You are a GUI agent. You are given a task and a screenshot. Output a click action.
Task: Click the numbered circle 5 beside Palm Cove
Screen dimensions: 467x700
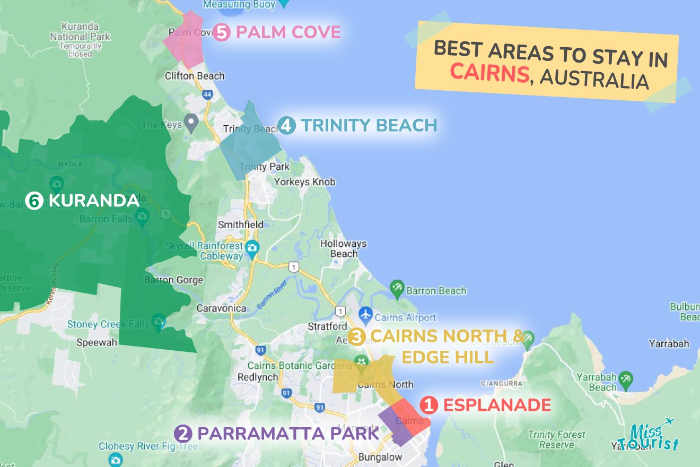[221, 33]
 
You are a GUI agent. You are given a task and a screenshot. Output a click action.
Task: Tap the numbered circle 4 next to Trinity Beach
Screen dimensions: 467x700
[286, 126]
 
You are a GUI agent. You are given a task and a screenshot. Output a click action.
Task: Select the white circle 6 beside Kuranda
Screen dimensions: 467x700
[34, 201]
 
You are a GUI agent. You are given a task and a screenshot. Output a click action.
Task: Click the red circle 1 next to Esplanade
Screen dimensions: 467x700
[428, 405]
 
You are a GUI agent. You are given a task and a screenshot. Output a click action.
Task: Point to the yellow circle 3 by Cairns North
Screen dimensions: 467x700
[357, 336]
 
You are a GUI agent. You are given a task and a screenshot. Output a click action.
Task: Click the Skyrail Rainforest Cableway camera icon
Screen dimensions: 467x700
[252, 247]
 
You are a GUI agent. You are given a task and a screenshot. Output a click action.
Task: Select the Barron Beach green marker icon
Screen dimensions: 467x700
[397, 290]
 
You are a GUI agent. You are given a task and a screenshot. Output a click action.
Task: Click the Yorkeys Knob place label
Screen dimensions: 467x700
[304, 182]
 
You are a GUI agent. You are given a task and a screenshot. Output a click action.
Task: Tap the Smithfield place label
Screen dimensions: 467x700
[240, 224]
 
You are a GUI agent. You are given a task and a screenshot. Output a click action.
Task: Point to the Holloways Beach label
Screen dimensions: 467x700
[343, 248]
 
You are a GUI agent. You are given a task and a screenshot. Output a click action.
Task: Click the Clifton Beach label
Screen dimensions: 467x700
[194, 76]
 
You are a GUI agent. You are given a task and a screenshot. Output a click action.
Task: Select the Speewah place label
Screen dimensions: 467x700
[97, 342]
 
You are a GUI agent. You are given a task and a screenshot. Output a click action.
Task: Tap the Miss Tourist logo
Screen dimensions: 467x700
[648, 436]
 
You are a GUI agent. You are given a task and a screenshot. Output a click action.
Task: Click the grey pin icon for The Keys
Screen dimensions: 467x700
[191, 124]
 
